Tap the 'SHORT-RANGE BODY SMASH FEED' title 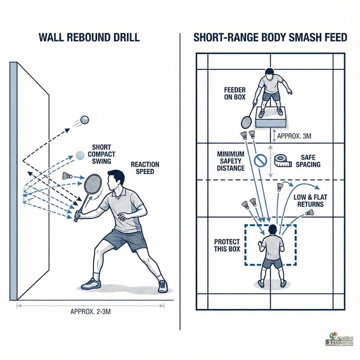tap(270, 37)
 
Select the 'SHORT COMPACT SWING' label tap(102, 154)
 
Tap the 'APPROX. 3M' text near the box tap(294, 134)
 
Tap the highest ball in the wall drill tap(84, 120)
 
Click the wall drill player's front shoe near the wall tap(91, 283)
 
